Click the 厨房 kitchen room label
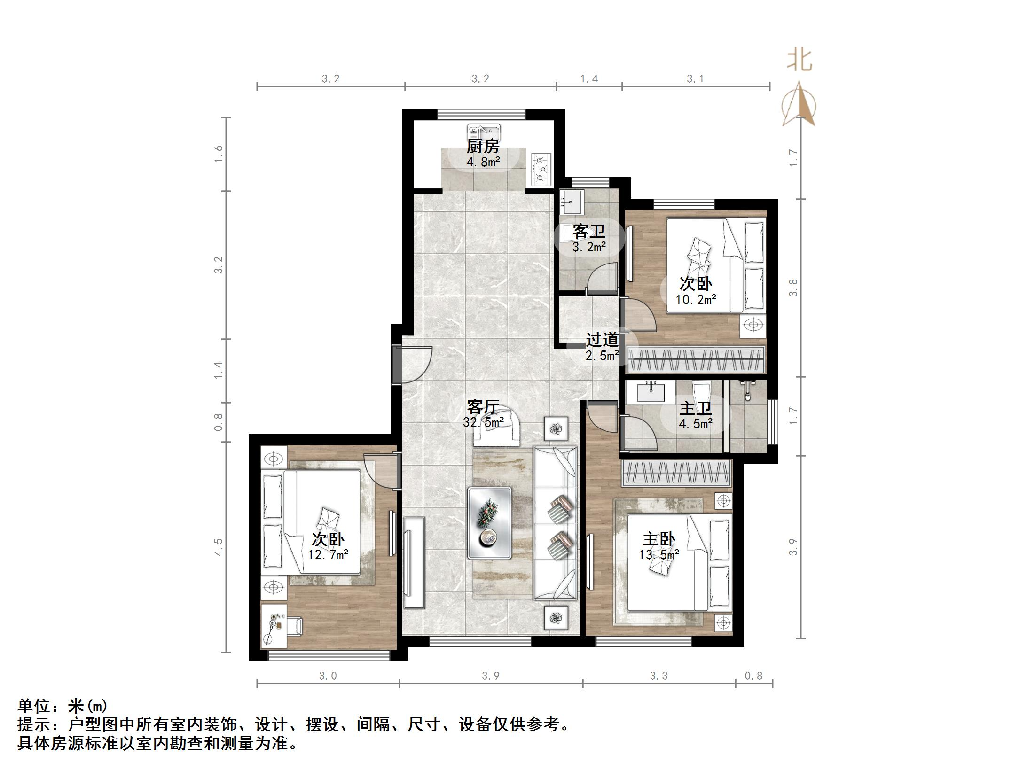482,147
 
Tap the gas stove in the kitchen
541,169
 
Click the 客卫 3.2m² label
588,238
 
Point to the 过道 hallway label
602,340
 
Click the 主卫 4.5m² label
695,415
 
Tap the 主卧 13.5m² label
659,546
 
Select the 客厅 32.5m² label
483,413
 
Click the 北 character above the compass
800,61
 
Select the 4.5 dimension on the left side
218,547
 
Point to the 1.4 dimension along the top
588,78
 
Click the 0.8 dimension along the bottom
753,676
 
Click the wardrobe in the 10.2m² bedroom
696,359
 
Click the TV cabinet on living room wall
414,562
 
